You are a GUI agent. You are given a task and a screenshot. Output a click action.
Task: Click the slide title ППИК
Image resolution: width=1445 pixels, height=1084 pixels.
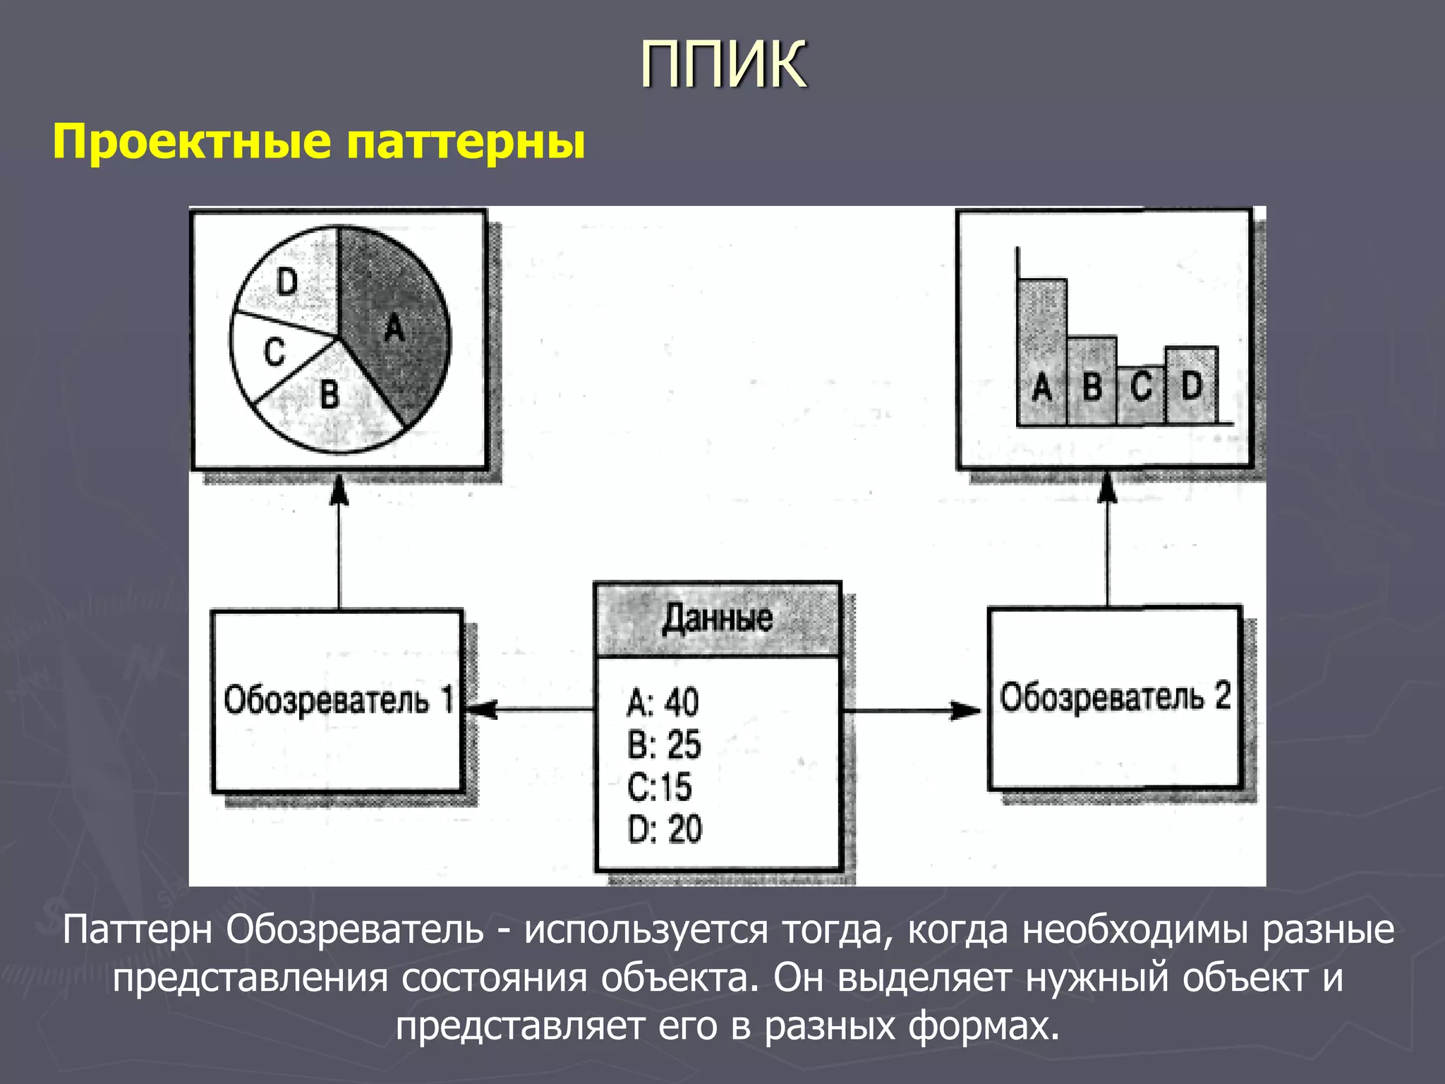(723, 65)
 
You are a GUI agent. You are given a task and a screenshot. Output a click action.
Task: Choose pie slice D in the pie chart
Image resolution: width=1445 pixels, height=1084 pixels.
(289, 282)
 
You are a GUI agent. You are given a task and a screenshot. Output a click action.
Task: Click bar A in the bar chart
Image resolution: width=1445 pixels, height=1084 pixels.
(1042, 353)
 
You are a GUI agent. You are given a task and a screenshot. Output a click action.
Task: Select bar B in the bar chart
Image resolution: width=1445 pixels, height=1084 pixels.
(1092, 381)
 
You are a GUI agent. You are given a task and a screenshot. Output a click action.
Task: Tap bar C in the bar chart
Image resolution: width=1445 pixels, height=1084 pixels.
(1141, 395)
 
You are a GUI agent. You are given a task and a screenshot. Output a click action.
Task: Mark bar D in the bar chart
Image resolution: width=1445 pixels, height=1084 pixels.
(1191, 385)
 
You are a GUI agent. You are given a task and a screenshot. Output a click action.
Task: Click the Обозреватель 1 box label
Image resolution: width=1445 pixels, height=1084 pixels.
(338, 701)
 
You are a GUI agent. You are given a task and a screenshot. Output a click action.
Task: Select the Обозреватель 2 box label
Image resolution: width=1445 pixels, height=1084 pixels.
(1115, 697)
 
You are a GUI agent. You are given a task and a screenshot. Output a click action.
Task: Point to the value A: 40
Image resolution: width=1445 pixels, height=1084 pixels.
(663, 703)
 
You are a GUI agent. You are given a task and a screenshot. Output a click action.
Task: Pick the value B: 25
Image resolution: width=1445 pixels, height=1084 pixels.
(664, 745)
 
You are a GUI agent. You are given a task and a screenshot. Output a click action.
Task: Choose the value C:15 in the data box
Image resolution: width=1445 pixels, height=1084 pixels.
(660, 787)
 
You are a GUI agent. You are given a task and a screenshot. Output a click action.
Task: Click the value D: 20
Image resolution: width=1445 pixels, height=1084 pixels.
(665, 829)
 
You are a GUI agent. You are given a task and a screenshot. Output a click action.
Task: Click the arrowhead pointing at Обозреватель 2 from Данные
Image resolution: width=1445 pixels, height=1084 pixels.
(966, 711)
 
